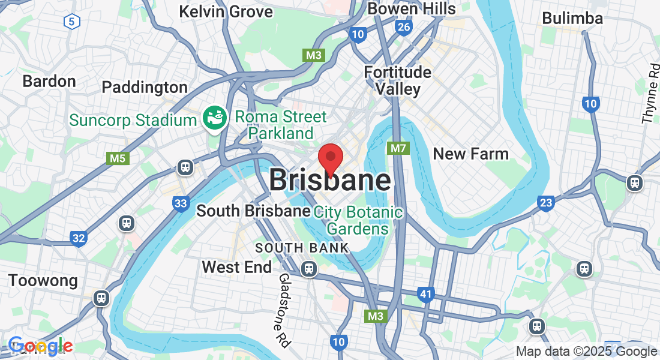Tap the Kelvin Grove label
point(226,11)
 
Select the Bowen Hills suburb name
point(412,8)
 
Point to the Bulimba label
point(572,18)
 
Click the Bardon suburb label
point(49,81)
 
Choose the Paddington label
point(145,87)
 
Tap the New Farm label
point(470,154)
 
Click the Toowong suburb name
point(43,280)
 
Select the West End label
point(237,266)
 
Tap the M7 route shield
point(398,148)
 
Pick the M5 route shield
point(117,158)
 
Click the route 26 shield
point(404,27)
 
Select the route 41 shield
point(426,294)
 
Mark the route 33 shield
point(181,203)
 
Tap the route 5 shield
point(71,22)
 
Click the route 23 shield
point(545,203)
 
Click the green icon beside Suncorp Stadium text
point(214,117)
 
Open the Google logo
point(41,346)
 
